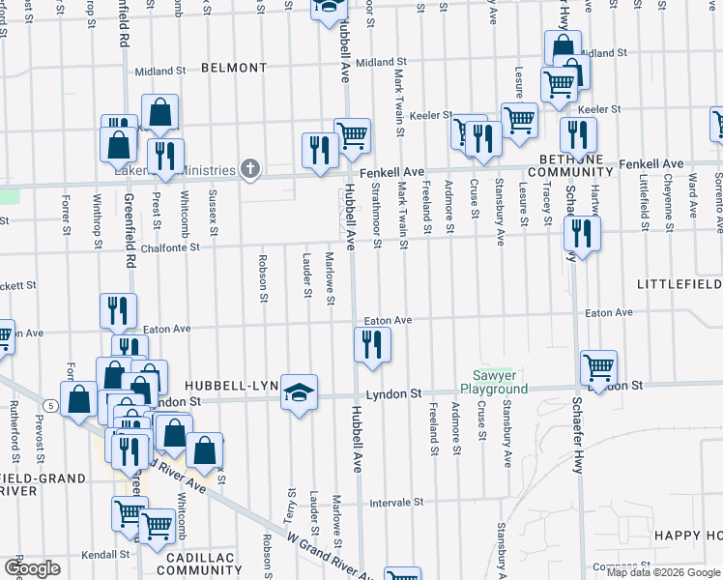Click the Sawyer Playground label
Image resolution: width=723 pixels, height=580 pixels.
coord(500,382)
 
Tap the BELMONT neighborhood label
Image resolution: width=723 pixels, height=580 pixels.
coord(234,68)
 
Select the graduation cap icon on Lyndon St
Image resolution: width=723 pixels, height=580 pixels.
coord(300,392)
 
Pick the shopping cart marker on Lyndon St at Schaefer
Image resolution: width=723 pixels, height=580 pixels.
coord(598,368)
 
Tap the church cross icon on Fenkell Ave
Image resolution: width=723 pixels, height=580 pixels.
coord(250,170)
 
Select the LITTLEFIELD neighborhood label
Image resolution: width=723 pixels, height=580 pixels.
coord(679,283)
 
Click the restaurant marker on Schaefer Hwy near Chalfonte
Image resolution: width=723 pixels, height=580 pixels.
coord(581,233)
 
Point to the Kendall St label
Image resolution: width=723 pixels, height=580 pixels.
coord(106,555)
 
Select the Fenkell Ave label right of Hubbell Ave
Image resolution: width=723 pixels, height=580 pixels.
coord(392,171)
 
